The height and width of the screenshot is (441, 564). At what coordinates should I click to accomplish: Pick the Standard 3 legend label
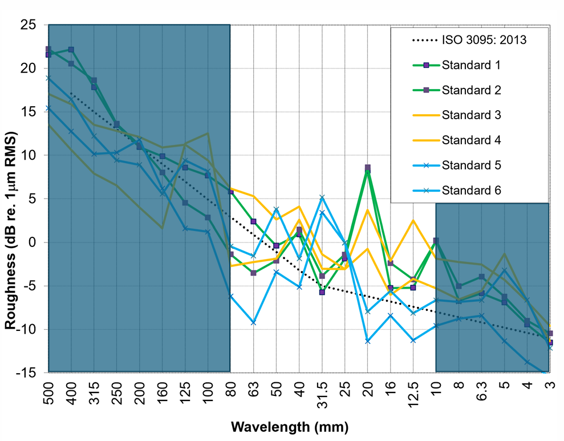tap(471, 115)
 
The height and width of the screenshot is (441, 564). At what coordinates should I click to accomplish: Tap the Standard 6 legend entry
tap(471, 190)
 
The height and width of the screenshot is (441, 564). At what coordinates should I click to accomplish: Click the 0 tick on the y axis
tap(32, 242)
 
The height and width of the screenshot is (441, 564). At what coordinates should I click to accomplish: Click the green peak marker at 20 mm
tap(368, 168)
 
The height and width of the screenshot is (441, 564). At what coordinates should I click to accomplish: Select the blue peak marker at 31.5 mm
tap(322, 198)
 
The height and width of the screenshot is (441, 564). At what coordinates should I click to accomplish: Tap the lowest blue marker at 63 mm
tap(253, 322)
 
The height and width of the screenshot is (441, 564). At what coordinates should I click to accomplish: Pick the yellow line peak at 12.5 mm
tap(413, 220)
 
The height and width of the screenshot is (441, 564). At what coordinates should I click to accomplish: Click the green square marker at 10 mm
tap(436, 241)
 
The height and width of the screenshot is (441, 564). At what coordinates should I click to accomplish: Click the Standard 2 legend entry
tap(471, 90)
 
